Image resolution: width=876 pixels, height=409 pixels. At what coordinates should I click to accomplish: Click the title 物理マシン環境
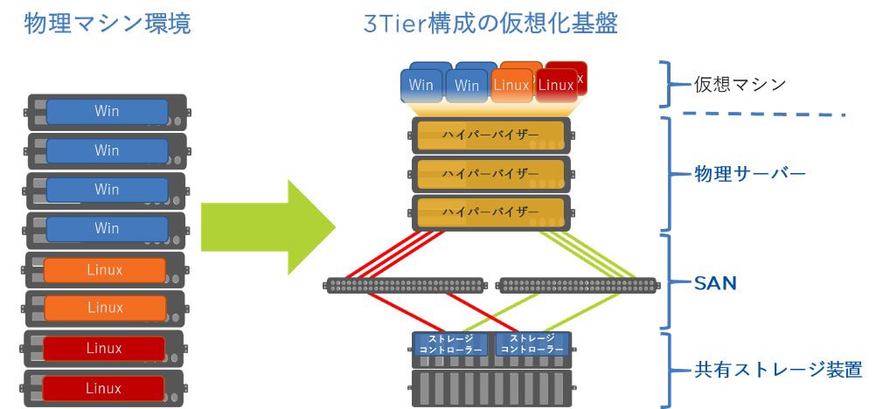[x=108, y=24]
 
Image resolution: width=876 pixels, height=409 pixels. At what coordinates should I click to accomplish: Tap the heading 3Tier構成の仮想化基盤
[x=490, y=24]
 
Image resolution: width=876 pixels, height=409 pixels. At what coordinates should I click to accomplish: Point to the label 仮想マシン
[x=740, y=85]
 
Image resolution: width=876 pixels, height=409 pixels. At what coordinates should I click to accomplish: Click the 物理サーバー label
[x=749, y=173]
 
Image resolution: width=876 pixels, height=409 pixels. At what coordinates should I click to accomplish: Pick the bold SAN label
[x=715, y=283]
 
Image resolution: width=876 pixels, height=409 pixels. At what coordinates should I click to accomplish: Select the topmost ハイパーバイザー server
[x=490, y=135]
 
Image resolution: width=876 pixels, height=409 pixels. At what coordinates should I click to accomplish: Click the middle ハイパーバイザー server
[x=490, y=174]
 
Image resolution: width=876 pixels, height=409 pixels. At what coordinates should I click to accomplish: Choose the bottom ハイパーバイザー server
[x=490, y=212]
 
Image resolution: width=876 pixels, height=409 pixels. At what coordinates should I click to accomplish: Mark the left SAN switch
[x=404, y=285]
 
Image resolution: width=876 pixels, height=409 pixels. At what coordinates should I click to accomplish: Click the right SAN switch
[x=577, y=285]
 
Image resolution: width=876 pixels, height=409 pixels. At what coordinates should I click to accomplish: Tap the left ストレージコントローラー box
[x=450, y=343]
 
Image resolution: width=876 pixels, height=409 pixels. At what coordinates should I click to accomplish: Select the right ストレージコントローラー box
[x=531, y=343]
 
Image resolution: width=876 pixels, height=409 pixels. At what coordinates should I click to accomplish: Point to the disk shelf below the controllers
[x=490, y=387]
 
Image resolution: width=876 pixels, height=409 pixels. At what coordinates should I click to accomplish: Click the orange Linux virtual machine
[x=511, y=86]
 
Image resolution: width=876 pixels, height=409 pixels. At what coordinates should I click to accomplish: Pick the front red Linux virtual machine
[x=556, y=86]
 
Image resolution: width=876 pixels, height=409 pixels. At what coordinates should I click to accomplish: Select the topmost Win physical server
[x=107, y=112]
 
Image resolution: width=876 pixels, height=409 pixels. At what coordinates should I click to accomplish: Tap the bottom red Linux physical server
[x=104, y=387]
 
